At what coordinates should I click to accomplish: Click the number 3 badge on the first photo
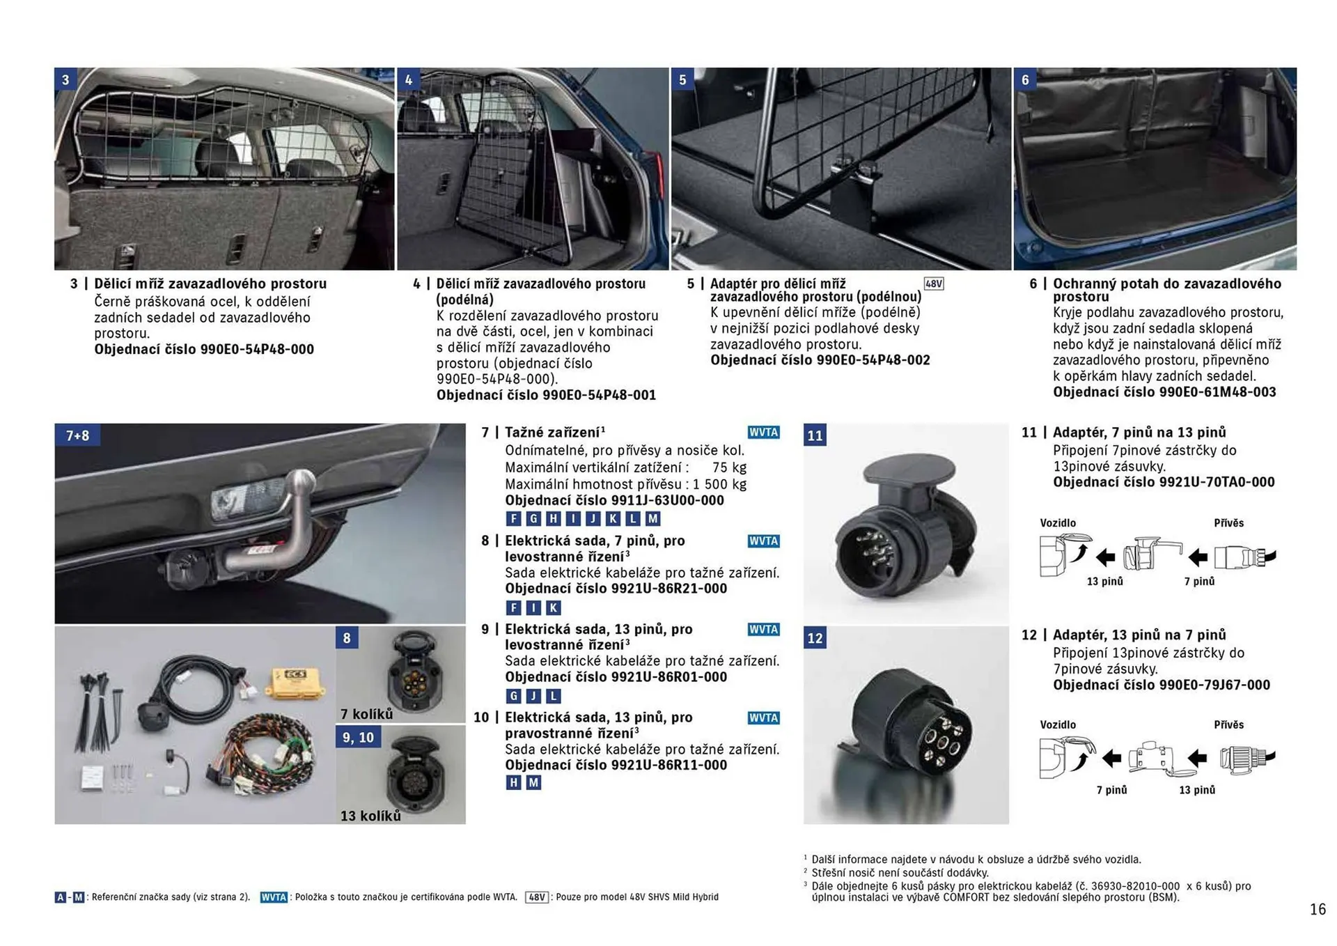click(65, 79)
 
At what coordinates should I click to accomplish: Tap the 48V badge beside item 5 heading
click(933, 284)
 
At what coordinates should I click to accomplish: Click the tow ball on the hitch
click(301, 481)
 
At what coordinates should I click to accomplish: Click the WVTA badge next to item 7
click(763, 432)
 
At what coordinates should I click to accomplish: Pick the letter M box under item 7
click(652, 518)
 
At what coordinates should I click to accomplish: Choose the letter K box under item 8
click(553, 607)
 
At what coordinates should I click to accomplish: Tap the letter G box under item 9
click(513, 695)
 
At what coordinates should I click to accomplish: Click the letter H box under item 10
click(513, 782)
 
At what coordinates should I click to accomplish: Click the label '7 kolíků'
click(366, 714)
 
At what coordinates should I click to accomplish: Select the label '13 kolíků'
click(370, 816)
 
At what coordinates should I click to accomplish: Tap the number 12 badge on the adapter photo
click(815, 638)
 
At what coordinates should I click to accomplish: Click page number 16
click(1318, 909)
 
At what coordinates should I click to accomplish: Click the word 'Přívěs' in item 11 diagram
click(1228, 523)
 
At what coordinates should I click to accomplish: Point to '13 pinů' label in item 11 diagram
click(1104, 582)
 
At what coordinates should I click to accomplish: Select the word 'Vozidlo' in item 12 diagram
click(1058, 725)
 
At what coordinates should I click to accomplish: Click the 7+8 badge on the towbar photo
click(77, 435)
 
